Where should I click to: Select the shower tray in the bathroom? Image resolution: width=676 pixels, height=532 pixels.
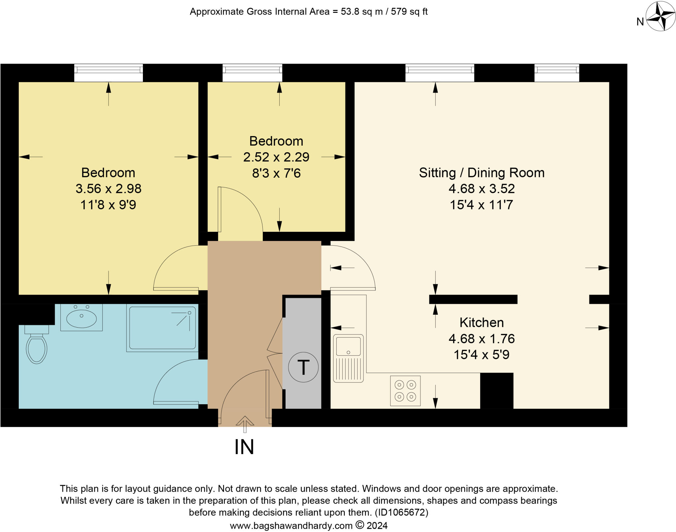pyautogui.click(x=162, y=328)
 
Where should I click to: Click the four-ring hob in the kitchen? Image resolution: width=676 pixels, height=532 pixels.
pyautogui.click(x=405, y=391)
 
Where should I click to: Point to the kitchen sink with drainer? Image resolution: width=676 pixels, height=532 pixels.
pyautogui.click(x=348, y=358)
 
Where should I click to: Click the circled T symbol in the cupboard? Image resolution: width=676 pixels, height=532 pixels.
pyautogui.click(x=303, y=367)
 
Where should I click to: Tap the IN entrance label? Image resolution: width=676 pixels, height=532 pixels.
pyautogui.click(x=244, y=447)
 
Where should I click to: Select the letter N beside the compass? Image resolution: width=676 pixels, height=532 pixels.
pyautogui.click(x=640, y=22)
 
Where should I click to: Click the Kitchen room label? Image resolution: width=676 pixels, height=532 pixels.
pyautogui.click(x=482, y=322)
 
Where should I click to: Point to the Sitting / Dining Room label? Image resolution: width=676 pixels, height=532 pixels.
pyautogui.click(x=482, y=173)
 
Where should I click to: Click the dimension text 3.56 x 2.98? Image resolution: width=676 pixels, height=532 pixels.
pyautogui.click(x=108, y=189)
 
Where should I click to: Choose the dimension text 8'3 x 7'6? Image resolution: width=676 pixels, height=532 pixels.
pyautogui.click(x=276, y=173)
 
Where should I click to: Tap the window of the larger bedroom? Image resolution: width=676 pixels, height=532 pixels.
pyautogui.click(x=108, y=73)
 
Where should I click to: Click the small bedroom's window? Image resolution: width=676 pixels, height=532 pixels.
pyautogui.click(x=252, y=73)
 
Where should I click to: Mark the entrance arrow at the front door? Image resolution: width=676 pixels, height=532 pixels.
pyautogui.click(x=245, y=423)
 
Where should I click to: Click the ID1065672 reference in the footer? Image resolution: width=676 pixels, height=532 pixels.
pyautogui.click(x=401, y=512)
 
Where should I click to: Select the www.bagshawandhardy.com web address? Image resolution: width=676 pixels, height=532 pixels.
pyautogui.click(x=291, y=525)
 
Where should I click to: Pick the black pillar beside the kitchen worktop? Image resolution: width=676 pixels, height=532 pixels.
pyautogui.click(x=496, y=391)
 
